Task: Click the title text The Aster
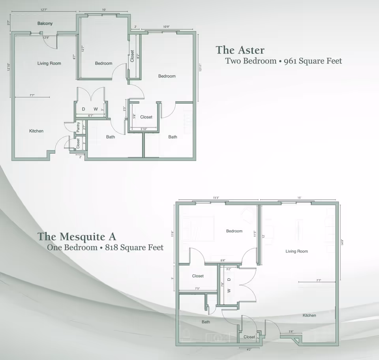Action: (x=240, y=50)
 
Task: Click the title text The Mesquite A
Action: (x=77, y=236)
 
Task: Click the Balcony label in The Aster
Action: (x=45, y=24)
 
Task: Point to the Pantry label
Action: (x=79, y=127)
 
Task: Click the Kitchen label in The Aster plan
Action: (x=36, y=131)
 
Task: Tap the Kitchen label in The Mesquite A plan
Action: (x=309, y=315)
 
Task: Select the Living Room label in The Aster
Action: (x=49, y=64)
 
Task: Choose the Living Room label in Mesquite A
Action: (x=296, y=251)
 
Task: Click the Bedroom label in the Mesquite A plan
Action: (x=234, y=231)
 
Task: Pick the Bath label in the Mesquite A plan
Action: (x=206, y=322)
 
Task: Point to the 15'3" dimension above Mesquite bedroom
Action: (x=216, y=198)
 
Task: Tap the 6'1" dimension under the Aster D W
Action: (x=90, y=116)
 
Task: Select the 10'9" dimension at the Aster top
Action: (x=167, y=27)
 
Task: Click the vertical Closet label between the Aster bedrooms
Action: (x=132, y=56)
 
